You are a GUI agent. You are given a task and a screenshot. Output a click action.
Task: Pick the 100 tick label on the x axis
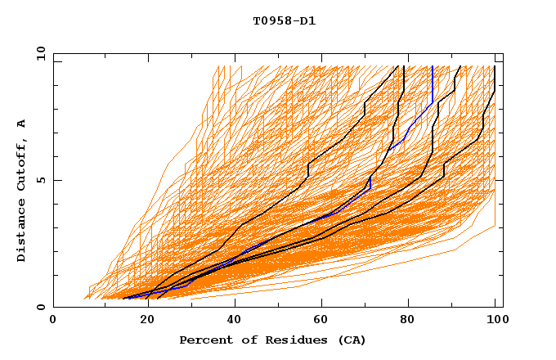pos(495,321)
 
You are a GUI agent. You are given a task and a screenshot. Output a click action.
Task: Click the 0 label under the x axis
pos(54,321)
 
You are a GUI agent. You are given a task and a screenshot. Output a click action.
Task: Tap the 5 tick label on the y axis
pos(39,180)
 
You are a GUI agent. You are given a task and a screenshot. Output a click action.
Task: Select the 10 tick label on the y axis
pos(37,53)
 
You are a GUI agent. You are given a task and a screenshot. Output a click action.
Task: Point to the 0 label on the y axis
pos(39,307)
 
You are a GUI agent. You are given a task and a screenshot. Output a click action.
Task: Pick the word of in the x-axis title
pos(249,340)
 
